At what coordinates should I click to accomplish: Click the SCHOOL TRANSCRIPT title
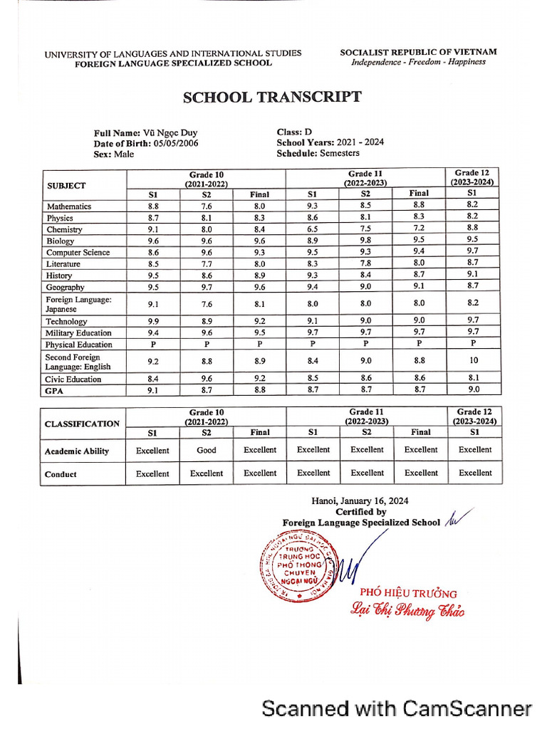[x=272, y=98]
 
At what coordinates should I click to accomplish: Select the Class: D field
[x=294, y=132]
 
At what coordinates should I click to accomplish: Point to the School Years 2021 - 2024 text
[x=330, y=142]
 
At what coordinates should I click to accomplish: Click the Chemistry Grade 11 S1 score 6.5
[x=313, y=229]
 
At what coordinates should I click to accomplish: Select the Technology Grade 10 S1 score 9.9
[x=153, y=321]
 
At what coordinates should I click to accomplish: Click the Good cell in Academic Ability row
[x=207, y=450]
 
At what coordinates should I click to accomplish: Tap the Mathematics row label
[x=68, y=206]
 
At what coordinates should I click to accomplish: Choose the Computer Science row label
[x=78, y=253]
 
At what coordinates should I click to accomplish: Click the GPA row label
[x=55, y=390]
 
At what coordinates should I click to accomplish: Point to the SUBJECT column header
[x=66, y=186]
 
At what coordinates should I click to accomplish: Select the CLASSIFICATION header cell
[x=82, y=424]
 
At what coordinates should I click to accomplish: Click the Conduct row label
[x=61, y=474]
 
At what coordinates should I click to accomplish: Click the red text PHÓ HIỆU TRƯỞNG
[x=408, y=593]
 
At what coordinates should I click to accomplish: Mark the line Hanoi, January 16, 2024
[x=360, y=501]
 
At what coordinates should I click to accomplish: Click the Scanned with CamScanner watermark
[x=396, y=708]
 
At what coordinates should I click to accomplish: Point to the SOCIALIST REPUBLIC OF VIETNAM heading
[x=418, y=52]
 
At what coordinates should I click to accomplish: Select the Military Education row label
[x=78, y=333]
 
